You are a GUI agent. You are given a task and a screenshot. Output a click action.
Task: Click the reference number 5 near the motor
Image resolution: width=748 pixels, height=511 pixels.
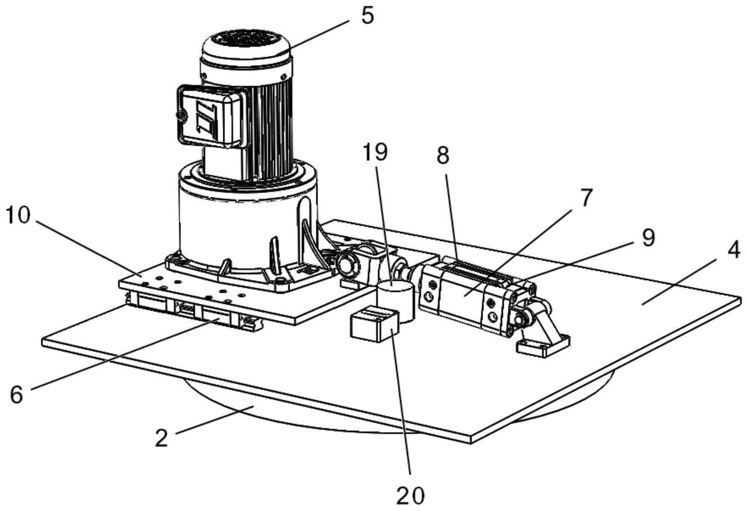[367, 16]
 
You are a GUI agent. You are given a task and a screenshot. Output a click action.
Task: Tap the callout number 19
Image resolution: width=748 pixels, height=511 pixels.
[375, 152]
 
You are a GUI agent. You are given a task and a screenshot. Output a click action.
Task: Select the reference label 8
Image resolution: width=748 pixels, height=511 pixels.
[443, 156]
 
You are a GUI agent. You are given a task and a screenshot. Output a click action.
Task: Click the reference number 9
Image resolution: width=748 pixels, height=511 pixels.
[648, 238]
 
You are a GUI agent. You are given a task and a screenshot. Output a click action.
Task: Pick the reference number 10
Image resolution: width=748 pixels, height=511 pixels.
[17, 215]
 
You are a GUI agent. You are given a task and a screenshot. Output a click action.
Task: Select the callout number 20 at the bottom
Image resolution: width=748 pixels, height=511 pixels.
[410, 495]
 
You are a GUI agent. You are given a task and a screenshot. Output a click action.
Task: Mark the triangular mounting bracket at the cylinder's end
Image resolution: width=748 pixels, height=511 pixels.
[544, 331]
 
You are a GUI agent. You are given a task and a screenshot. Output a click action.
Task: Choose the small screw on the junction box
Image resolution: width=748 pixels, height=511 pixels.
[182, 116]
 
